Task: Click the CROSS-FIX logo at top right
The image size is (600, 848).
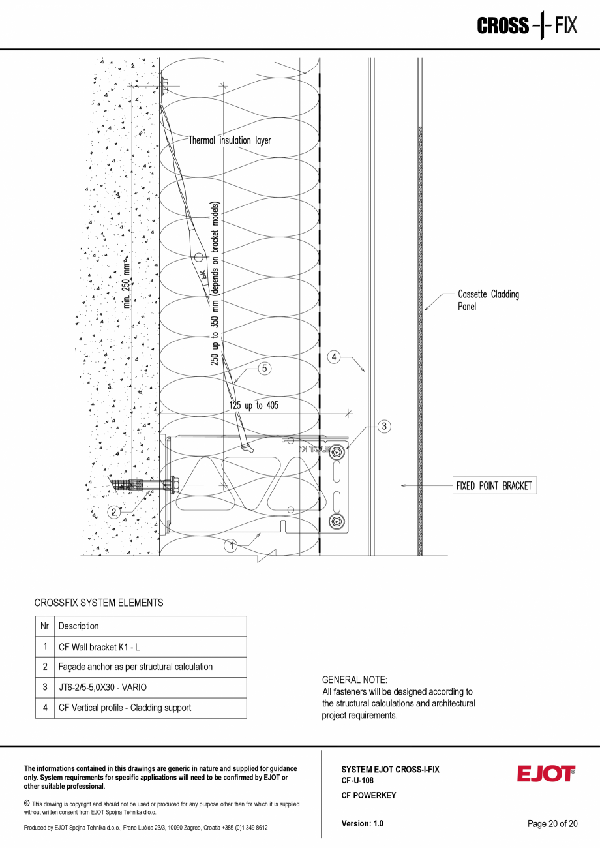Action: click(x=527, y=25)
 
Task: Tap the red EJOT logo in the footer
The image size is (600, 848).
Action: click(x=546, y=774)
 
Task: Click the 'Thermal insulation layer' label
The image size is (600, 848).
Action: click(x=230, y=140)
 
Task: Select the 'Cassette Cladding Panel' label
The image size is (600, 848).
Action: click(x=488, y=300)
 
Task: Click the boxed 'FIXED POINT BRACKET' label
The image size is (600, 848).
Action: click(x=494, y=486)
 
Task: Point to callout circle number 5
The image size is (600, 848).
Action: click(x=264, y=369)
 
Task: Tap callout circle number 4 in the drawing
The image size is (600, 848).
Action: click(x=334, y=357)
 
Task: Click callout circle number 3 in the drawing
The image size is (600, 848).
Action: click(x=384, y=427)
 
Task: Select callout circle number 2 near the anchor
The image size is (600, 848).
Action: click(x=113, y=512)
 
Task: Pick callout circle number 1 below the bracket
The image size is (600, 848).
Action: click(x=231, y=546)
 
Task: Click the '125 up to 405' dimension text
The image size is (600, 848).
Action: click(x=254, y=406)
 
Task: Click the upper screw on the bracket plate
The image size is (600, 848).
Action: click(x=337, y=452)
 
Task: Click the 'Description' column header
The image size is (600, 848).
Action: click(x=79, y=626)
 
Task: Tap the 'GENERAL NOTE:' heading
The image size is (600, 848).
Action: click(x=355, y=680)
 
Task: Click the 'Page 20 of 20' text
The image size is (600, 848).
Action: click(x=552, y=823)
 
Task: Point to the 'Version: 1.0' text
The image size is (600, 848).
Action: click(x=363, y=823)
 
